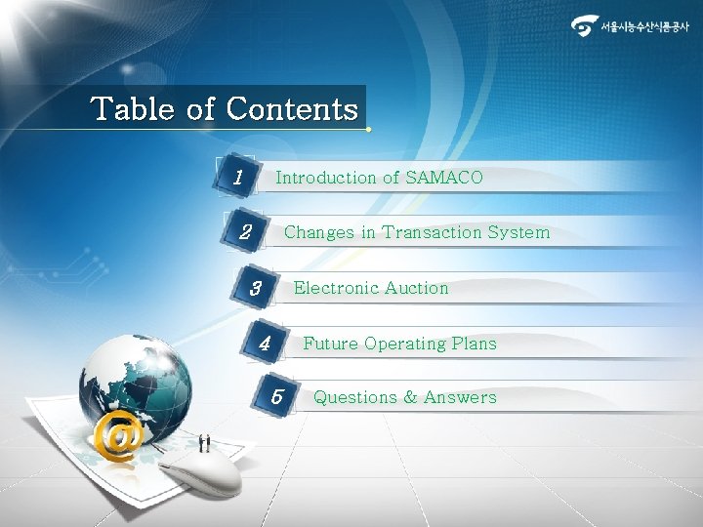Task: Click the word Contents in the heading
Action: pos(292,108)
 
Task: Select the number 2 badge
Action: pos(246,233)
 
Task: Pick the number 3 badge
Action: pos(256,289)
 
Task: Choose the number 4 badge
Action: pos(265,344)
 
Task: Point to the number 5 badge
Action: pos(277,397)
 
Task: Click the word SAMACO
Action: pos(443,178)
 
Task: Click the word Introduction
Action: pos(325,178)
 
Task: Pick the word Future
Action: pos(330,344)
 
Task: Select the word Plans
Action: pos(474,344)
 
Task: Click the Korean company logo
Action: pos(630,26)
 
